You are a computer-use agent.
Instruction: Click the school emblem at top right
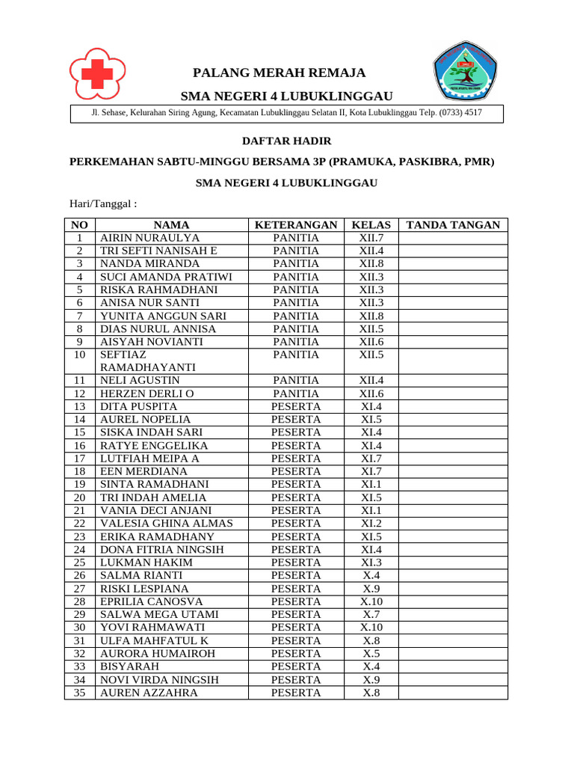[465, 72]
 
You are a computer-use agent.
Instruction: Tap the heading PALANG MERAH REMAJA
[280, 73]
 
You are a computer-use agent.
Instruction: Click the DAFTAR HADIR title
[286, 141]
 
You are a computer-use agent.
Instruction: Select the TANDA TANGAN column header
[452, 224]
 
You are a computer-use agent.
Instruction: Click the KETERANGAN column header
[295, 224]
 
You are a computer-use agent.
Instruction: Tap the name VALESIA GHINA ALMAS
[167, 524]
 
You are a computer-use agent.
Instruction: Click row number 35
[80, 693]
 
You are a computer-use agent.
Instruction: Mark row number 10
[80, 355]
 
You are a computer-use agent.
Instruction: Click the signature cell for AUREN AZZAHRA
[452, 693]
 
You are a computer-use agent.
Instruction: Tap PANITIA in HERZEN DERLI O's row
[295, 393]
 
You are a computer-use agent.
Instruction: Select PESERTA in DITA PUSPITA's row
[295, 406]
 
